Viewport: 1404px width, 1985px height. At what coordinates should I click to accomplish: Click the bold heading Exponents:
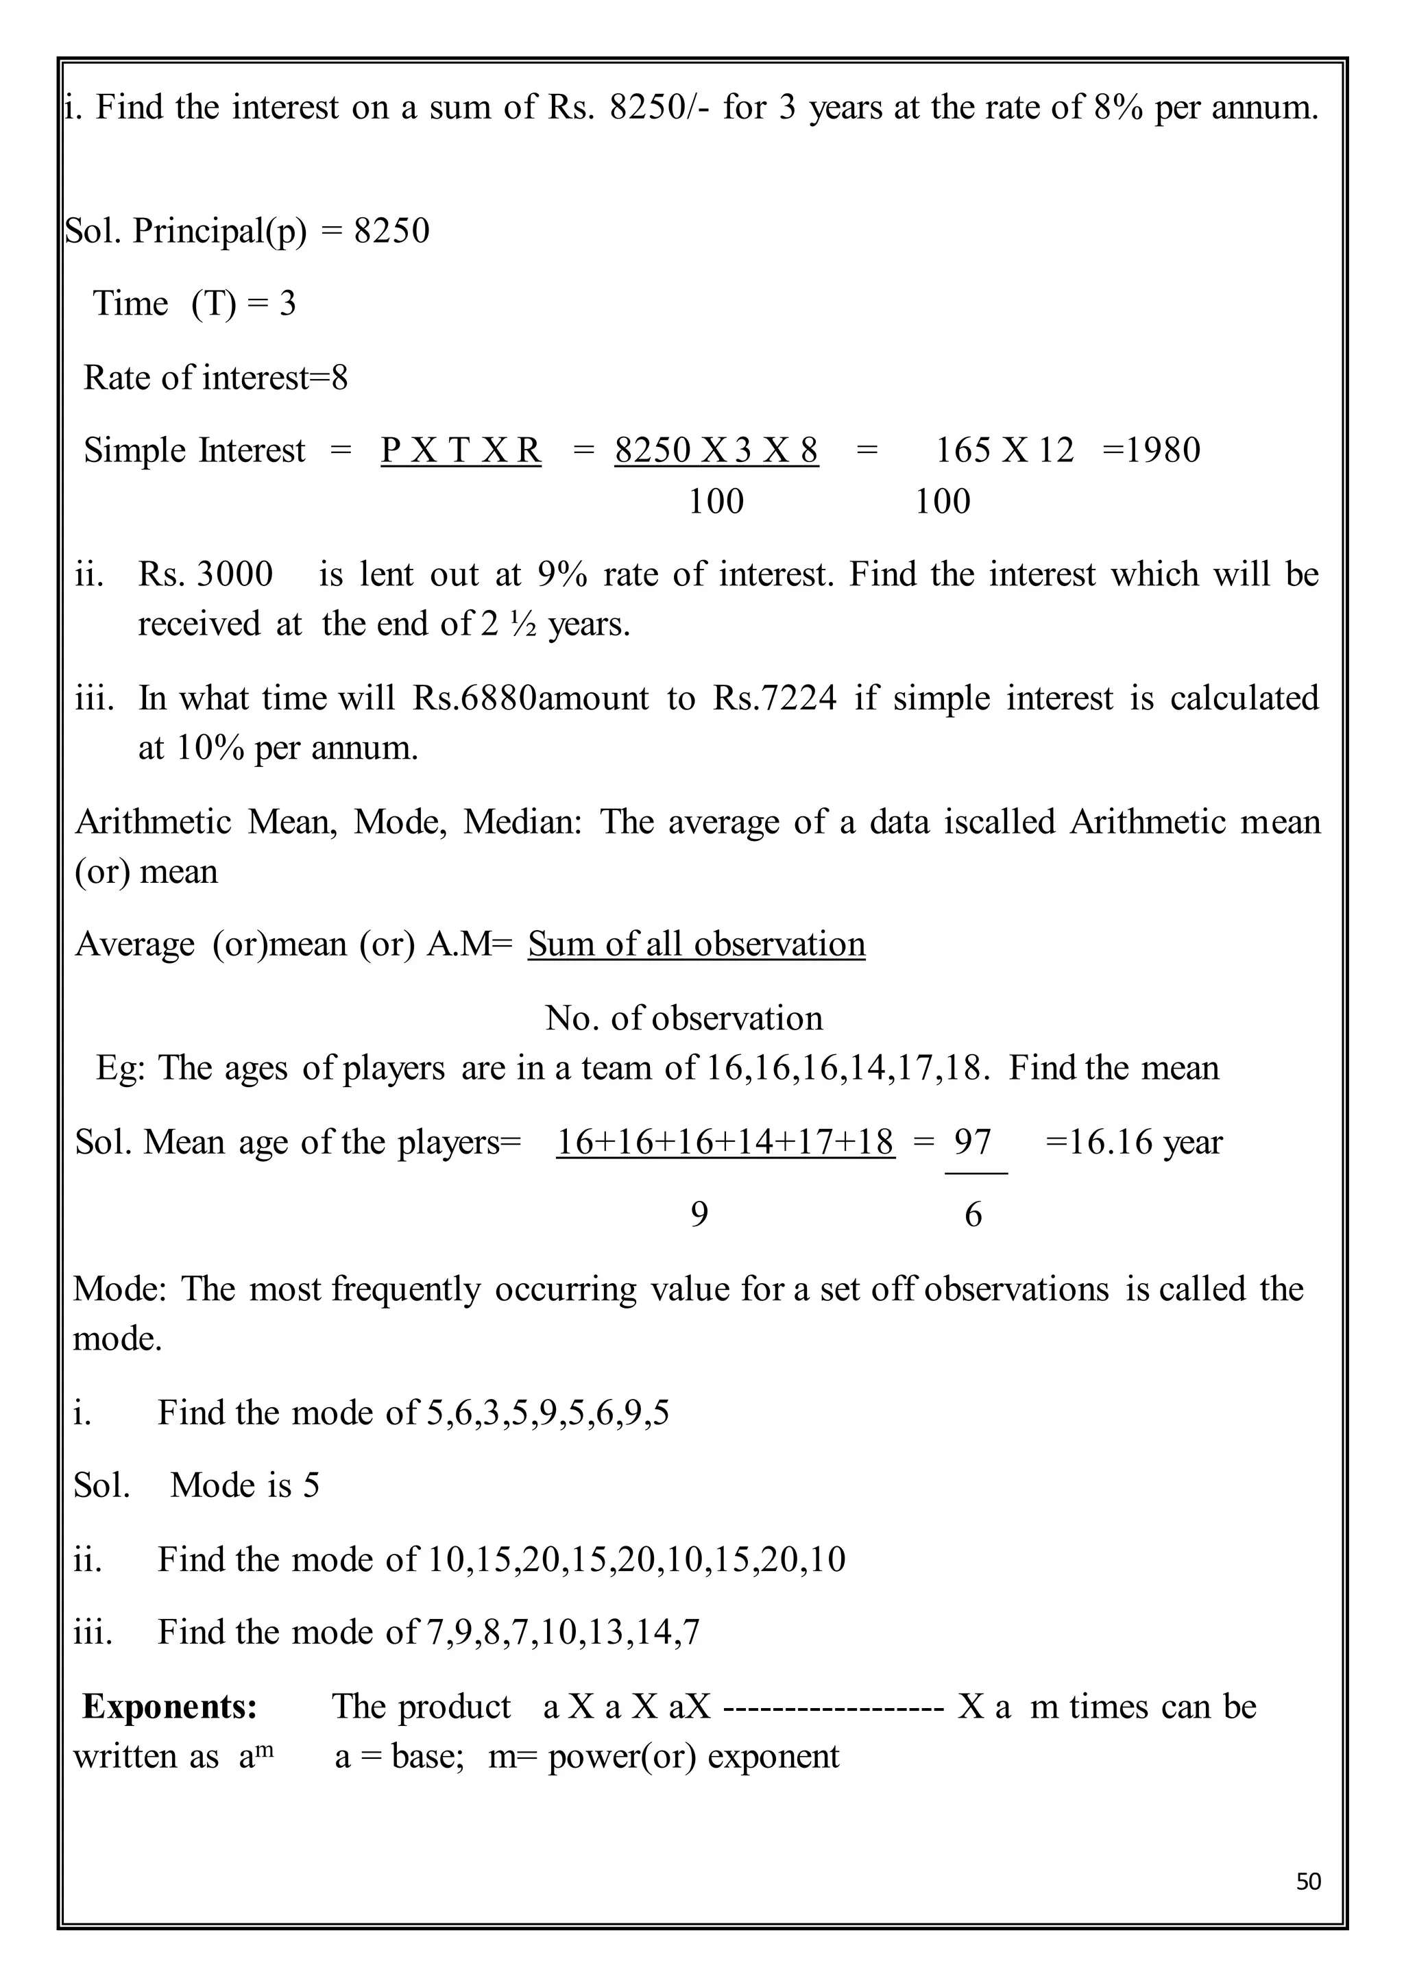click(170, 1706)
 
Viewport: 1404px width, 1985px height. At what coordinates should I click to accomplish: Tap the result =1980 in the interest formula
click(1152, 450)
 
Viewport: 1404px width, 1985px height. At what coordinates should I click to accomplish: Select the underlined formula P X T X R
click(461, 450)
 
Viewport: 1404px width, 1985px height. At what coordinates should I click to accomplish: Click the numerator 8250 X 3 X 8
click(716, 450)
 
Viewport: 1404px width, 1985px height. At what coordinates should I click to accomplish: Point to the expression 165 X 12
click(1004, 450)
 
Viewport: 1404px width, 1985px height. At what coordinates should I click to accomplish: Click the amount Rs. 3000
click(206, 574)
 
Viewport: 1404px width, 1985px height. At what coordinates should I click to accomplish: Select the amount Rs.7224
click(775, 698)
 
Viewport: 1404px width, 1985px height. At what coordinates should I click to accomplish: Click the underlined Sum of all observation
click(697, 944)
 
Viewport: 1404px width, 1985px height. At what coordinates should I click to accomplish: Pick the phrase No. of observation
click(684, 1019)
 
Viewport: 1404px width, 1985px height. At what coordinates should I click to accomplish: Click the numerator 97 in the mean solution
click(973, 1142)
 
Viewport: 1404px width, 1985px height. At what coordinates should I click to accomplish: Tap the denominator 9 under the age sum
click(699, 1215)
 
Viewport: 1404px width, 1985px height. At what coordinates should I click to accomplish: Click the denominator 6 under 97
click(973, 1215)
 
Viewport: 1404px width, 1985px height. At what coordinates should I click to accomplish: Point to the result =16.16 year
click(1133, 1142)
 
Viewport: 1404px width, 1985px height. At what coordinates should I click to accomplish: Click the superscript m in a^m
click(265, 1748)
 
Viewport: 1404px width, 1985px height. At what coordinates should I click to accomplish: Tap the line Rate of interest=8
click(216, 378)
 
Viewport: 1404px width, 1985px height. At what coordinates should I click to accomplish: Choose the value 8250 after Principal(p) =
click(391, 231)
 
